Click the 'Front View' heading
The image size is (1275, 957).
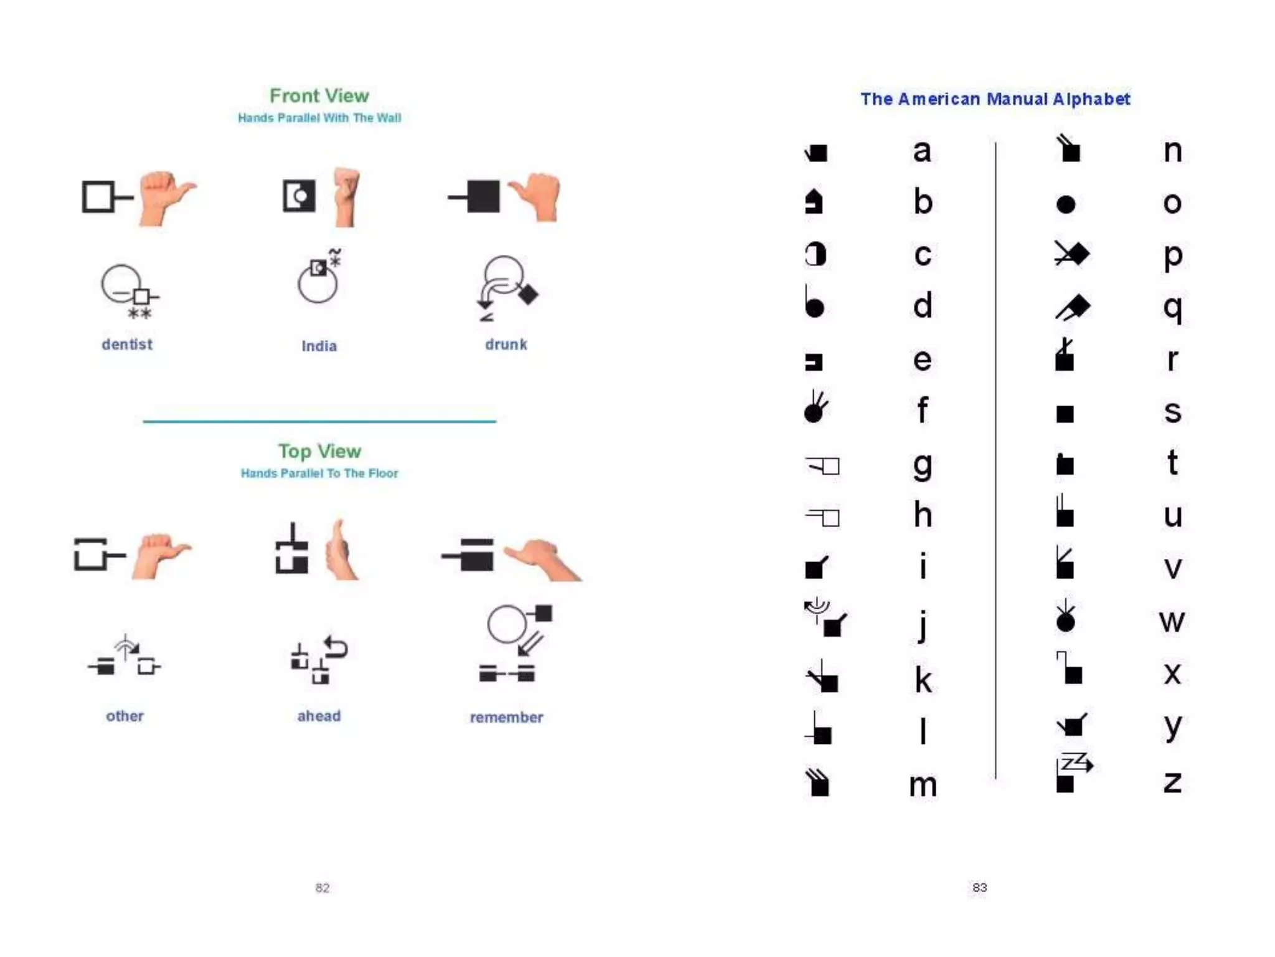point(319,95)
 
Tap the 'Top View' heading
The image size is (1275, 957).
point(319,450)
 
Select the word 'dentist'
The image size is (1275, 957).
point(127,344)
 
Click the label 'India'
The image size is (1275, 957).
point(319,346)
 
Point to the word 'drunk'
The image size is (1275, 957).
point(506,344)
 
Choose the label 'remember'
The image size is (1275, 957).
point(506,717)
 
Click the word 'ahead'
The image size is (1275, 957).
point(319,716)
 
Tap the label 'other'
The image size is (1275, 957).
point(125,716)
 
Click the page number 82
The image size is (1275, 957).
point(322,887)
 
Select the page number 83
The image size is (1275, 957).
point(979,887)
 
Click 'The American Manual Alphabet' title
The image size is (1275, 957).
point(995,98)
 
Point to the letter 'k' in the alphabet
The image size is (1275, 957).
point(923,680)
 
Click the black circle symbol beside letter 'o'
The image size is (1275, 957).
point(1066,204)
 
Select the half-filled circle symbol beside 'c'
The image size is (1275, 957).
point(815,254)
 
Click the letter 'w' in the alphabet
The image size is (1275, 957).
point(1172,621)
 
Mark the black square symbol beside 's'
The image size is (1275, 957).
point(1065,414)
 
